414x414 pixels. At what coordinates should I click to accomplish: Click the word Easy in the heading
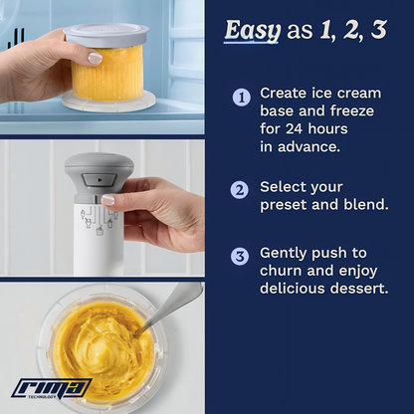coord(252,31)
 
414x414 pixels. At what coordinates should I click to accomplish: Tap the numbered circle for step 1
coord(242,98)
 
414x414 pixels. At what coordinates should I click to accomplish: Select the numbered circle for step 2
coord(240,190)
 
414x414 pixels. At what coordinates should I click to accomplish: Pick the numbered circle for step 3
coord(240,256)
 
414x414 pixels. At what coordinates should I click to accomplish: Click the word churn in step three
coord(281,271)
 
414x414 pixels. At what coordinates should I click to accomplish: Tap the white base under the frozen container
coord(108,102)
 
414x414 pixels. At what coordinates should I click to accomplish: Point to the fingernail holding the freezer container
coord(95,58)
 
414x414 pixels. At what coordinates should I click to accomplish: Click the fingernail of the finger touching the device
coord(107,200)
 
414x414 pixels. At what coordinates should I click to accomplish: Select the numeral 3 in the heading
coord(378,30)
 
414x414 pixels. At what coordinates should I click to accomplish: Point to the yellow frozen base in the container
coord(107,74)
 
